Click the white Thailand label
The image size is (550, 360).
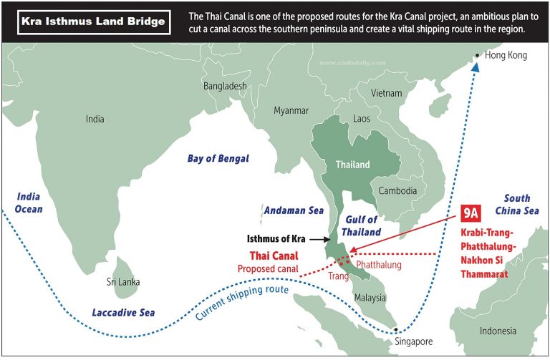(353, 165)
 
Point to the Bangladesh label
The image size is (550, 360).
(225, 86)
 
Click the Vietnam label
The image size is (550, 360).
(387, 93)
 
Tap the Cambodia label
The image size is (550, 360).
(398, 191)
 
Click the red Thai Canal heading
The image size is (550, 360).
(274, 256)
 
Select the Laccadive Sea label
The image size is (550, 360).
(123, 312)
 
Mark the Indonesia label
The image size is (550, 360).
(498, 331)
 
